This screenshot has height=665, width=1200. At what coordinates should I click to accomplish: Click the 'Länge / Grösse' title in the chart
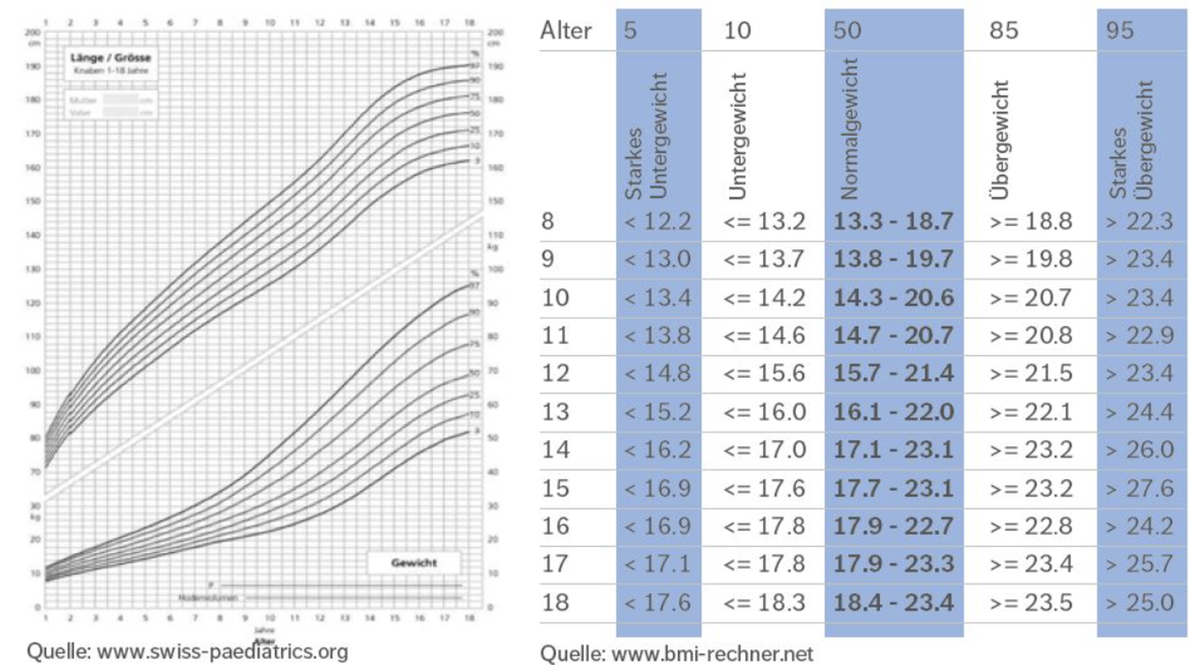click(x=110, y=58)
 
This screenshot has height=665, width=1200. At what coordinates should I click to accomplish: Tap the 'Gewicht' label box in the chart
click(x=414, y=562)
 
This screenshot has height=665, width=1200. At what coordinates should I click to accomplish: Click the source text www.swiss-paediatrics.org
click(x=187, y=651)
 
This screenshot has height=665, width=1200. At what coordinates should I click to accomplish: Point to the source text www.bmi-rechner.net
click(x=677, y=653)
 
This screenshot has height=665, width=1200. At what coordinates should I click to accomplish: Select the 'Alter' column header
click(x=566, y=30)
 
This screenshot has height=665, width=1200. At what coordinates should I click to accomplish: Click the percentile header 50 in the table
click(x=847, y=30)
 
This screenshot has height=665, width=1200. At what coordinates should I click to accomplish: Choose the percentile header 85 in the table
click(x=1003, y=30)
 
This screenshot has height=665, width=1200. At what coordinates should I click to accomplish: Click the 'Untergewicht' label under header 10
click(x=738, y=136)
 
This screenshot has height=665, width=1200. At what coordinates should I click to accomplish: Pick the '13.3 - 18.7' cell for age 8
click(x=893, y=221)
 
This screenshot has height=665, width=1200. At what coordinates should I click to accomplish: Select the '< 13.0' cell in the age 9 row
click(x=657, y=259)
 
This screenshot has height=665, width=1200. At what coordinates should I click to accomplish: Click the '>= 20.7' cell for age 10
click(x=1030, y=297)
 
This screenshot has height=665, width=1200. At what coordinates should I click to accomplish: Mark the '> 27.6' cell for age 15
click(x=1139, y=488)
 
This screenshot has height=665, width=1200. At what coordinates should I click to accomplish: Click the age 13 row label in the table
click(x=555, y=412)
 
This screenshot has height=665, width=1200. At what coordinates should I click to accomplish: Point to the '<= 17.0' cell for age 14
click(x=765, y=450)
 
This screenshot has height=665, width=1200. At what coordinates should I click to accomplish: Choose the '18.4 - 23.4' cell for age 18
click(x=893, y=602)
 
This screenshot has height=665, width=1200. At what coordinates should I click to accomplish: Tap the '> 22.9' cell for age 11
click(x=1139, y=335)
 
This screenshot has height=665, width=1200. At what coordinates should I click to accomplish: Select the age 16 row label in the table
click(x=555, y=526)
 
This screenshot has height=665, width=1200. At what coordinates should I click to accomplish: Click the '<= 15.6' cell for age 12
click(x=765, y=374)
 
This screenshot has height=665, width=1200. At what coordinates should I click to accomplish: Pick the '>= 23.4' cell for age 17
click(x=1030, y=564)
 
